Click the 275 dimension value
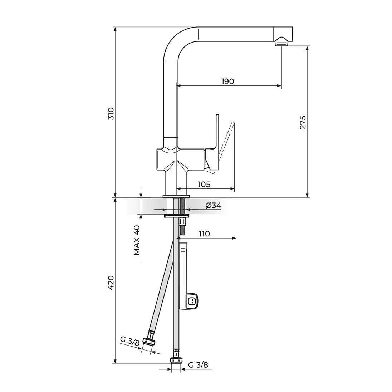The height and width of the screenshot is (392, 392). tap(303, 122)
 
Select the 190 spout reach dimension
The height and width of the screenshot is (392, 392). tap(227, 81)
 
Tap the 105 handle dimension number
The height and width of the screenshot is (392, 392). tap(204, 184)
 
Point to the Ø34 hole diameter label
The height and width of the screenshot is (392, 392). tap(213, 205)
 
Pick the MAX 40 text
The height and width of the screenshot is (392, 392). tap(137, 240)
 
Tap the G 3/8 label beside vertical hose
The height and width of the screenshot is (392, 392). tap(198, 365)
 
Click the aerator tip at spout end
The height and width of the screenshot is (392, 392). tap(281, 43)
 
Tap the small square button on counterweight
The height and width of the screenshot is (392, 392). tap(192, 300)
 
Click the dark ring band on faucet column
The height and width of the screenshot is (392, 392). tap(170, 137)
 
